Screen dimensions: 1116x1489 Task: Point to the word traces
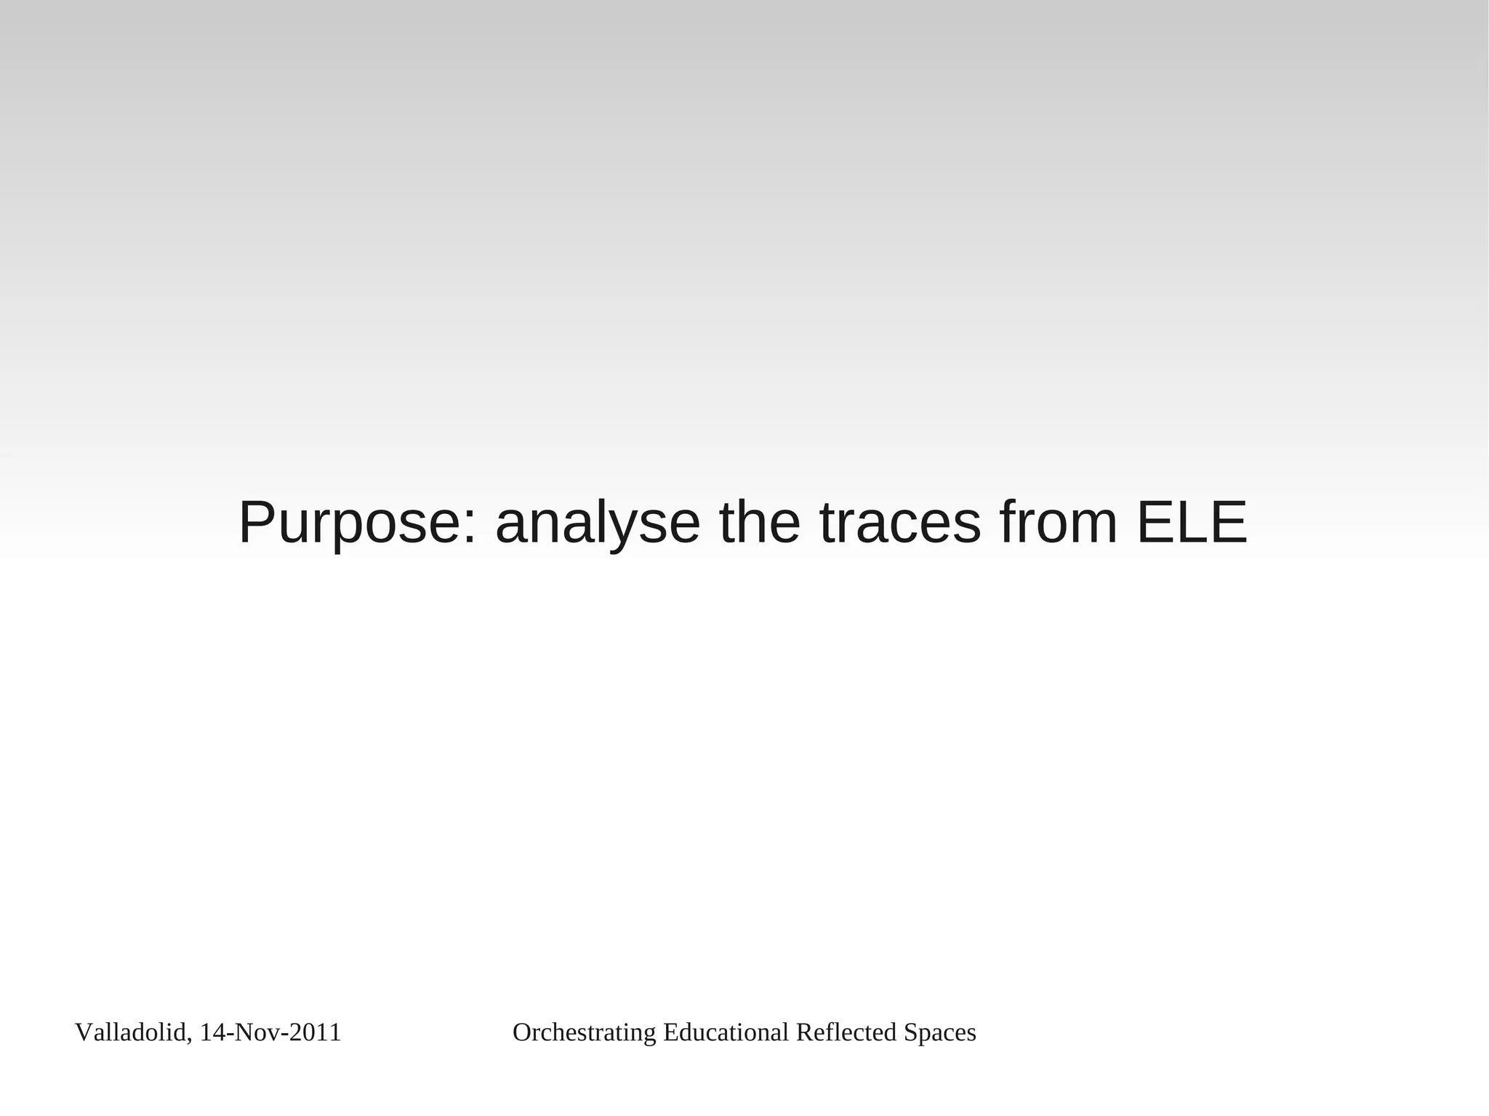900,523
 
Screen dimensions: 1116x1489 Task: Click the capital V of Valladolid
82,1032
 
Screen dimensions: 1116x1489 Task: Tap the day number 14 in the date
211,1032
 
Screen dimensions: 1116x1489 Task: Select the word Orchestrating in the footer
585,1032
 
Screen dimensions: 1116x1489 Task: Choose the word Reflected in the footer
846,1032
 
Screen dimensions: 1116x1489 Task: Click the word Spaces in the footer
940,1032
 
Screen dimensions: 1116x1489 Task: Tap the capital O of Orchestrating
521,1032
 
